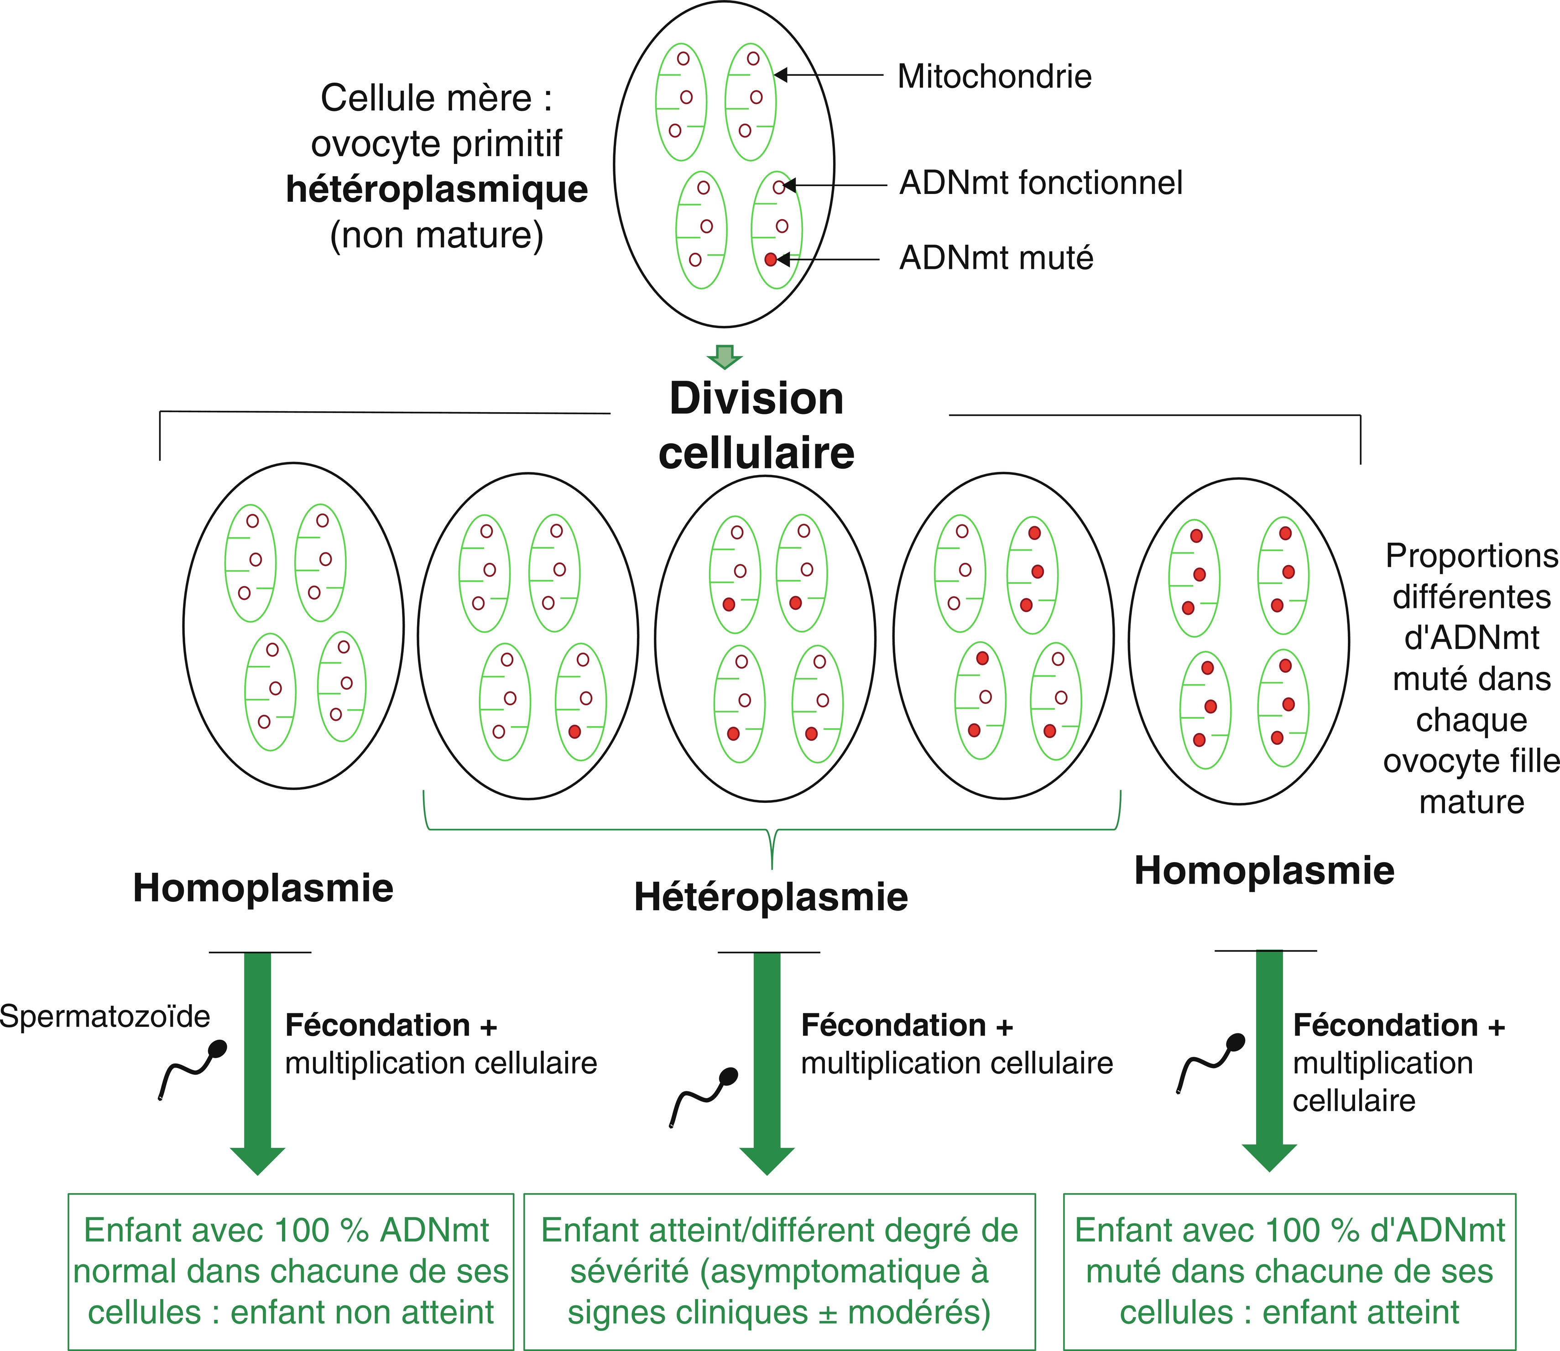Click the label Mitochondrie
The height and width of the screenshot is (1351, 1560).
click(x=994, y=76)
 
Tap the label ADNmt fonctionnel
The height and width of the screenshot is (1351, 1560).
click(x=1041, y=183)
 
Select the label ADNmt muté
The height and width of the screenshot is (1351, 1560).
click(x=997, y=258)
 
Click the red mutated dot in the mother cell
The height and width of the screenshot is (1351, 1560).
click(x=770, y=259)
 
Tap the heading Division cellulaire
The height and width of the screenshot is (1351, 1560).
click(x=757, y=425)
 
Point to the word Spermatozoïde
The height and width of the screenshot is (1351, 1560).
click(x=105, y=1016)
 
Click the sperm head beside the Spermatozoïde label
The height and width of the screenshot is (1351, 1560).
click(x=217, y=1049)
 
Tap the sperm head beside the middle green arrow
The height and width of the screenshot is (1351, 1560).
click(x=728, y=1077)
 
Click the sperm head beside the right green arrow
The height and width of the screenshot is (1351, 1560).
click(x=1236, y=1042)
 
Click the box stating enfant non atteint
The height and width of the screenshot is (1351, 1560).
click(x=291, y=1271)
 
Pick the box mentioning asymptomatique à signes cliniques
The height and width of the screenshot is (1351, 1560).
click(x=779, y=1271)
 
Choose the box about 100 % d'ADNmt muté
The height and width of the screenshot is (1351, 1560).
click(x=1289, y=1271)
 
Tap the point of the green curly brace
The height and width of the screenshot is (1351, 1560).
click(x=772, y=869)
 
